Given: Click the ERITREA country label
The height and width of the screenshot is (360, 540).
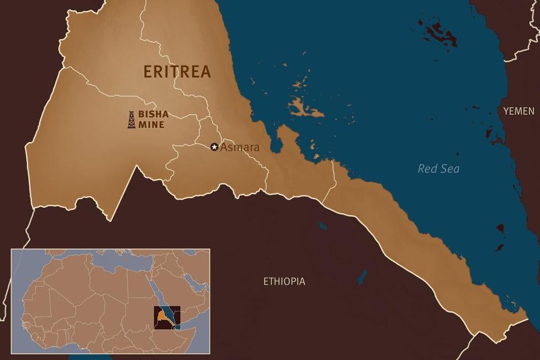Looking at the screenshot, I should coord(177,72).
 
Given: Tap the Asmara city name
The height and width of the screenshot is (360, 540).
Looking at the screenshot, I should coord(240,147).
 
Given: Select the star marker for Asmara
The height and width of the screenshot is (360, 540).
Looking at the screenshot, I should coord(215,147).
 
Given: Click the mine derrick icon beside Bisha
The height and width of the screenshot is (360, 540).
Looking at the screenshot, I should coord(132,119).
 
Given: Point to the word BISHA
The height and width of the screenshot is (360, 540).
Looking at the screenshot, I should coord(153,114).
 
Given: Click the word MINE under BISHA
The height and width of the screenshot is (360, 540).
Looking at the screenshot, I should coord(151,124).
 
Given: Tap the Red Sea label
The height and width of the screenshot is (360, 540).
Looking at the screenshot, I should coord(438,168).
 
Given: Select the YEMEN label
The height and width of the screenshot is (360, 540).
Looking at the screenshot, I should coord(518,111).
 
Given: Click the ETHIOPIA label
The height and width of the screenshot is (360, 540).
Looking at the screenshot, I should coord(284,281).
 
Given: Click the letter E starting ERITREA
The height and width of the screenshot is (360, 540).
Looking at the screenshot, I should coord(147,72).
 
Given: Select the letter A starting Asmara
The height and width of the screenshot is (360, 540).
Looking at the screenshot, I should coord(224,147).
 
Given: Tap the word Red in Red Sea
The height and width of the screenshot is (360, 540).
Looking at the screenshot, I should coord(427,168).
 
